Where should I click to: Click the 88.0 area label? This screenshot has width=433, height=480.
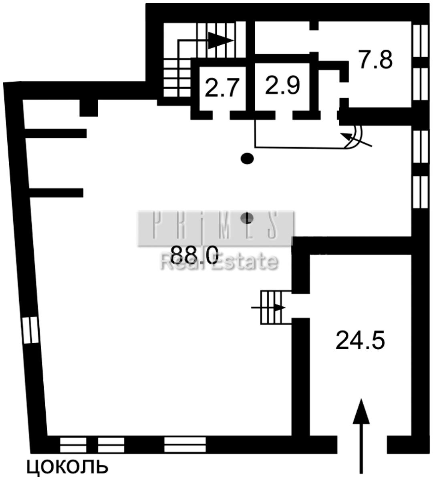pos(194,255)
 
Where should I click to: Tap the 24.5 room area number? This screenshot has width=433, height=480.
pos(360,340)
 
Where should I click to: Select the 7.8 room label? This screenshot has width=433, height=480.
pos(375,60)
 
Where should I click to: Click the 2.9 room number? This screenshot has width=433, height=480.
pos(282,85)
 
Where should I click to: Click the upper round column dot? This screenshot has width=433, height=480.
pos(247,158)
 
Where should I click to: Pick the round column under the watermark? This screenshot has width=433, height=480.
pos(247,218)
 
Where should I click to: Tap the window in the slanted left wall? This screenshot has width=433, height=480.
pos(30,330)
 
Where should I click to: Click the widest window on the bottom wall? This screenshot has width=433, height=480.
pos(185,444)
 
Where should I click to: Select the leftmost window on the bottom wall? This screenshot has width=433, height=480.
pos(73,444)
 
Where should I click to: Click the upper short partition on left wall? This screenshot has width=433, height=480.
pos(56,134)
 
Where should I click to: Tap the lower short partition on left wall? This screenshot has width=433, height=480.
pos(56,193)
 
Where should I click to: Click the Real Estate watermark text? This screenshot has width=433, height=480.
pos(219,262)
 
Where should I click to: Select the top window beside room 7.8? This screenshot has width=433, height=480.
pos(421,41)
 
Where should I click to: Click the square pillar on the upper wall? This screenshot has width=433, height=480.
pos(89,108)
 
